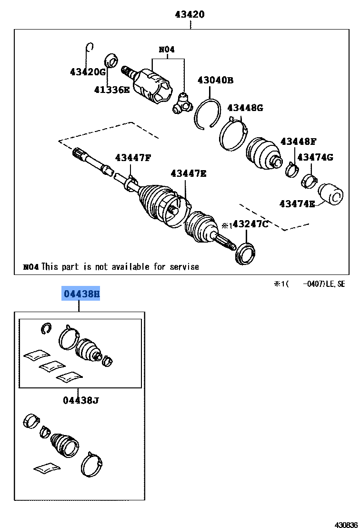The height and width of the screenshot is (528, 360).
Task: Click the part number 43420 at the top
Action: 189,14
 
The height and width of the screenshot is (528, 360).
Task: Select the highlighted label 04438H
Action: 81,294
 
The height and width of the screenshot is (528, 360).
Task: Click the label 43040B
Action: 215,80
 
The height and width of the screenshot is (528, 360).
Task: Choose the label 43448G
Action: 245,108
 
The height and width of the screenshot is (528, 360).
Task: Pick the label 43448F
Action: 298,141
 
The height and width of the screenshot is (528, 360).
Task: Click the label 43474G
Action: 315,157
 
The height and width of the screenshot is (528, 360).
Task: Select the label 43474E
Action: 297,204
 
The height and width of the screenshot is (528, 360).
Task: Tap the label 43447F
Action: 132,158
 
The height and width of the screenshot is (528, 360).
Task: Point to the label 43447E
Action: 189,173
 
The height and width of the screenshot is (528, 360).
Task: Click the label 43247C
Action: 250,224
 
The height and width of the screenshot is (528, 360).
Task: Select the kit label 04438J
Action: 80,400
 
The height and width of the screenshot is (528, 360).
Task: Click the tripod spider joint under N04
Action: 181,103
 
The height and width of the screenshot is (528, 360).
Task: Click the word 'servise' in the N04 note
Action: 183,267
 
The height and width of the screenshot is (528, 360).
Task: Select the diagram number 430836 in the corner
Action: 346,524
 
